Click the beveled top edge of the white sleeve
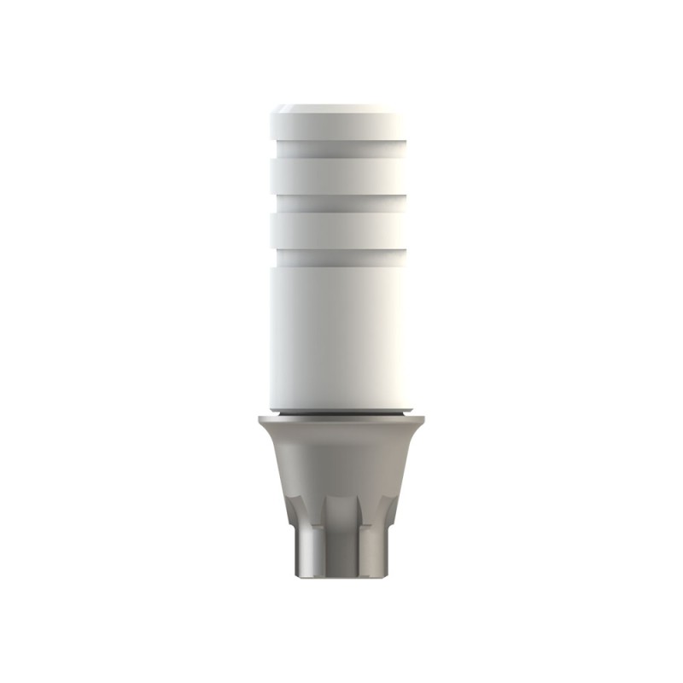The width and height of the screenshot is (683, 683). click(338, 108)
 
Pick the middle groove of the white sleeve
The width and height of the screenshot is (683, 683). click(338, 202)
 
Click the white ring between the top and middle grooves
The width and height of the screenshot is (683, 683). click(338, 176)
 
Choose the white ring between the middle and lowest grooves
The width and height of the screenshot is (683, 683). click(338, 229)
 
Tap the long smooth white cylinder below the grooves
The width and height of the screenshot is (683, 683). click(338, 333)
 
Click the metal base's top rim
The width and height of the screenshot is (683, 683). click(338, 421)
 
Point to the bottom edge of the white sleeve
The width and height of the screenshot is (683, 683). click(338, 407)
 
